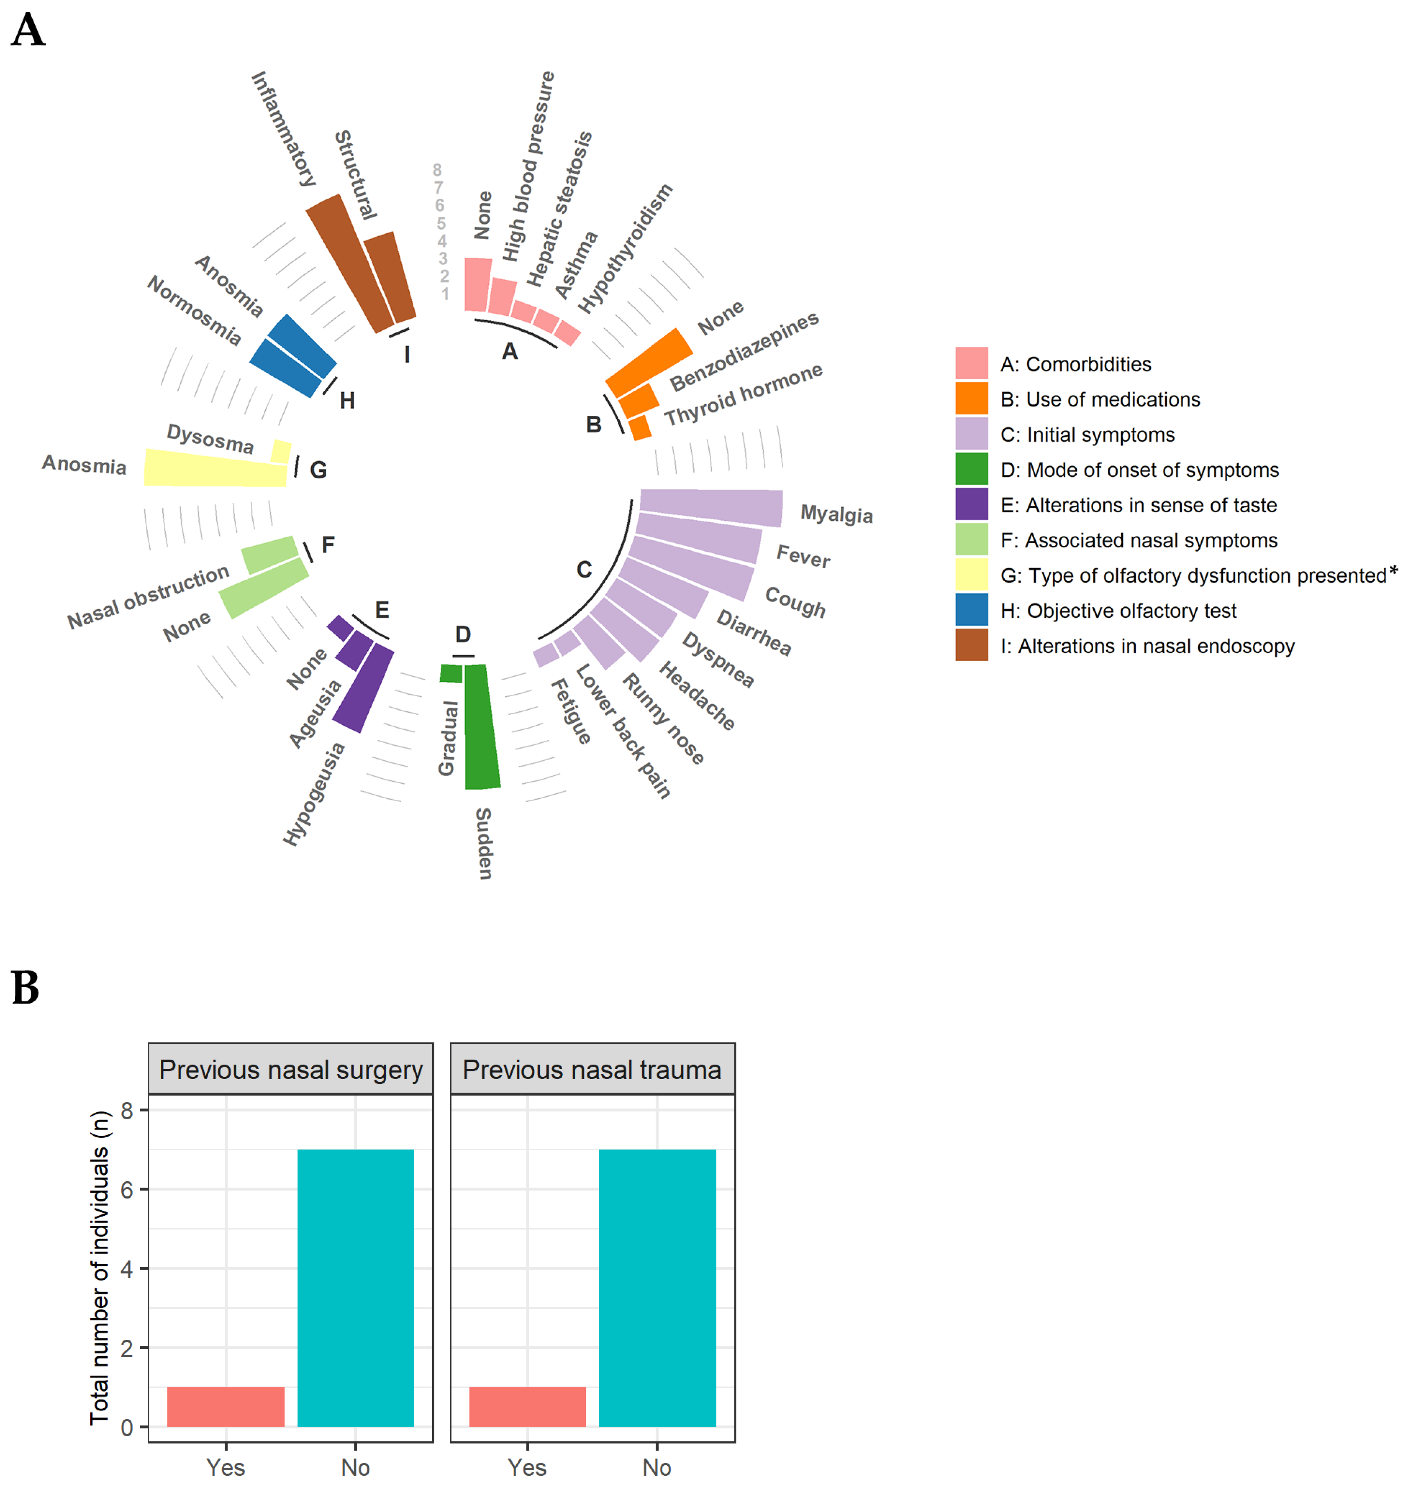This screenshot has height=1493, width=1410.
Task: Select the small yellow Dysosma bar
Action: tap(281, 451)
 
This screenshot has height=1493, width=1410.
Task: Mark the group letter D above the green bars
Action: tap(463, 635)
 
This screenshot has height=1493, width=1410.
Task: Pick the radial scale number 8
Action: tap(437, 171)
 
